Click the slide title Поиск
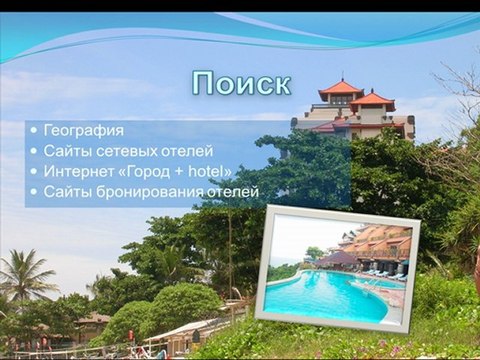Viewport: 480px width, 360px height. tap(241, 83)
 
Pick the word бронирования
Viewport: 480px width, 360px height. tap(148, 191)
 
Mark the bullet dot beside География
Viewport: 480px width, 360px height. tap(35, 131)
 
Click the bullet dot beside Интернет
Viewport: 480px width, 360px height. tap(35, 171)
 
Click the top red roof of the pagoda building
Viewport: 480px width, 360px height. tap(340, 87)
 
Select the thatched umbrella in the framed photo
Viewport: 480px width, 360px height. tap(337, 258)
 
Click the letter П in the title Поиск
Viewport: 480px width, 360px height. tap(204, 83)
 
